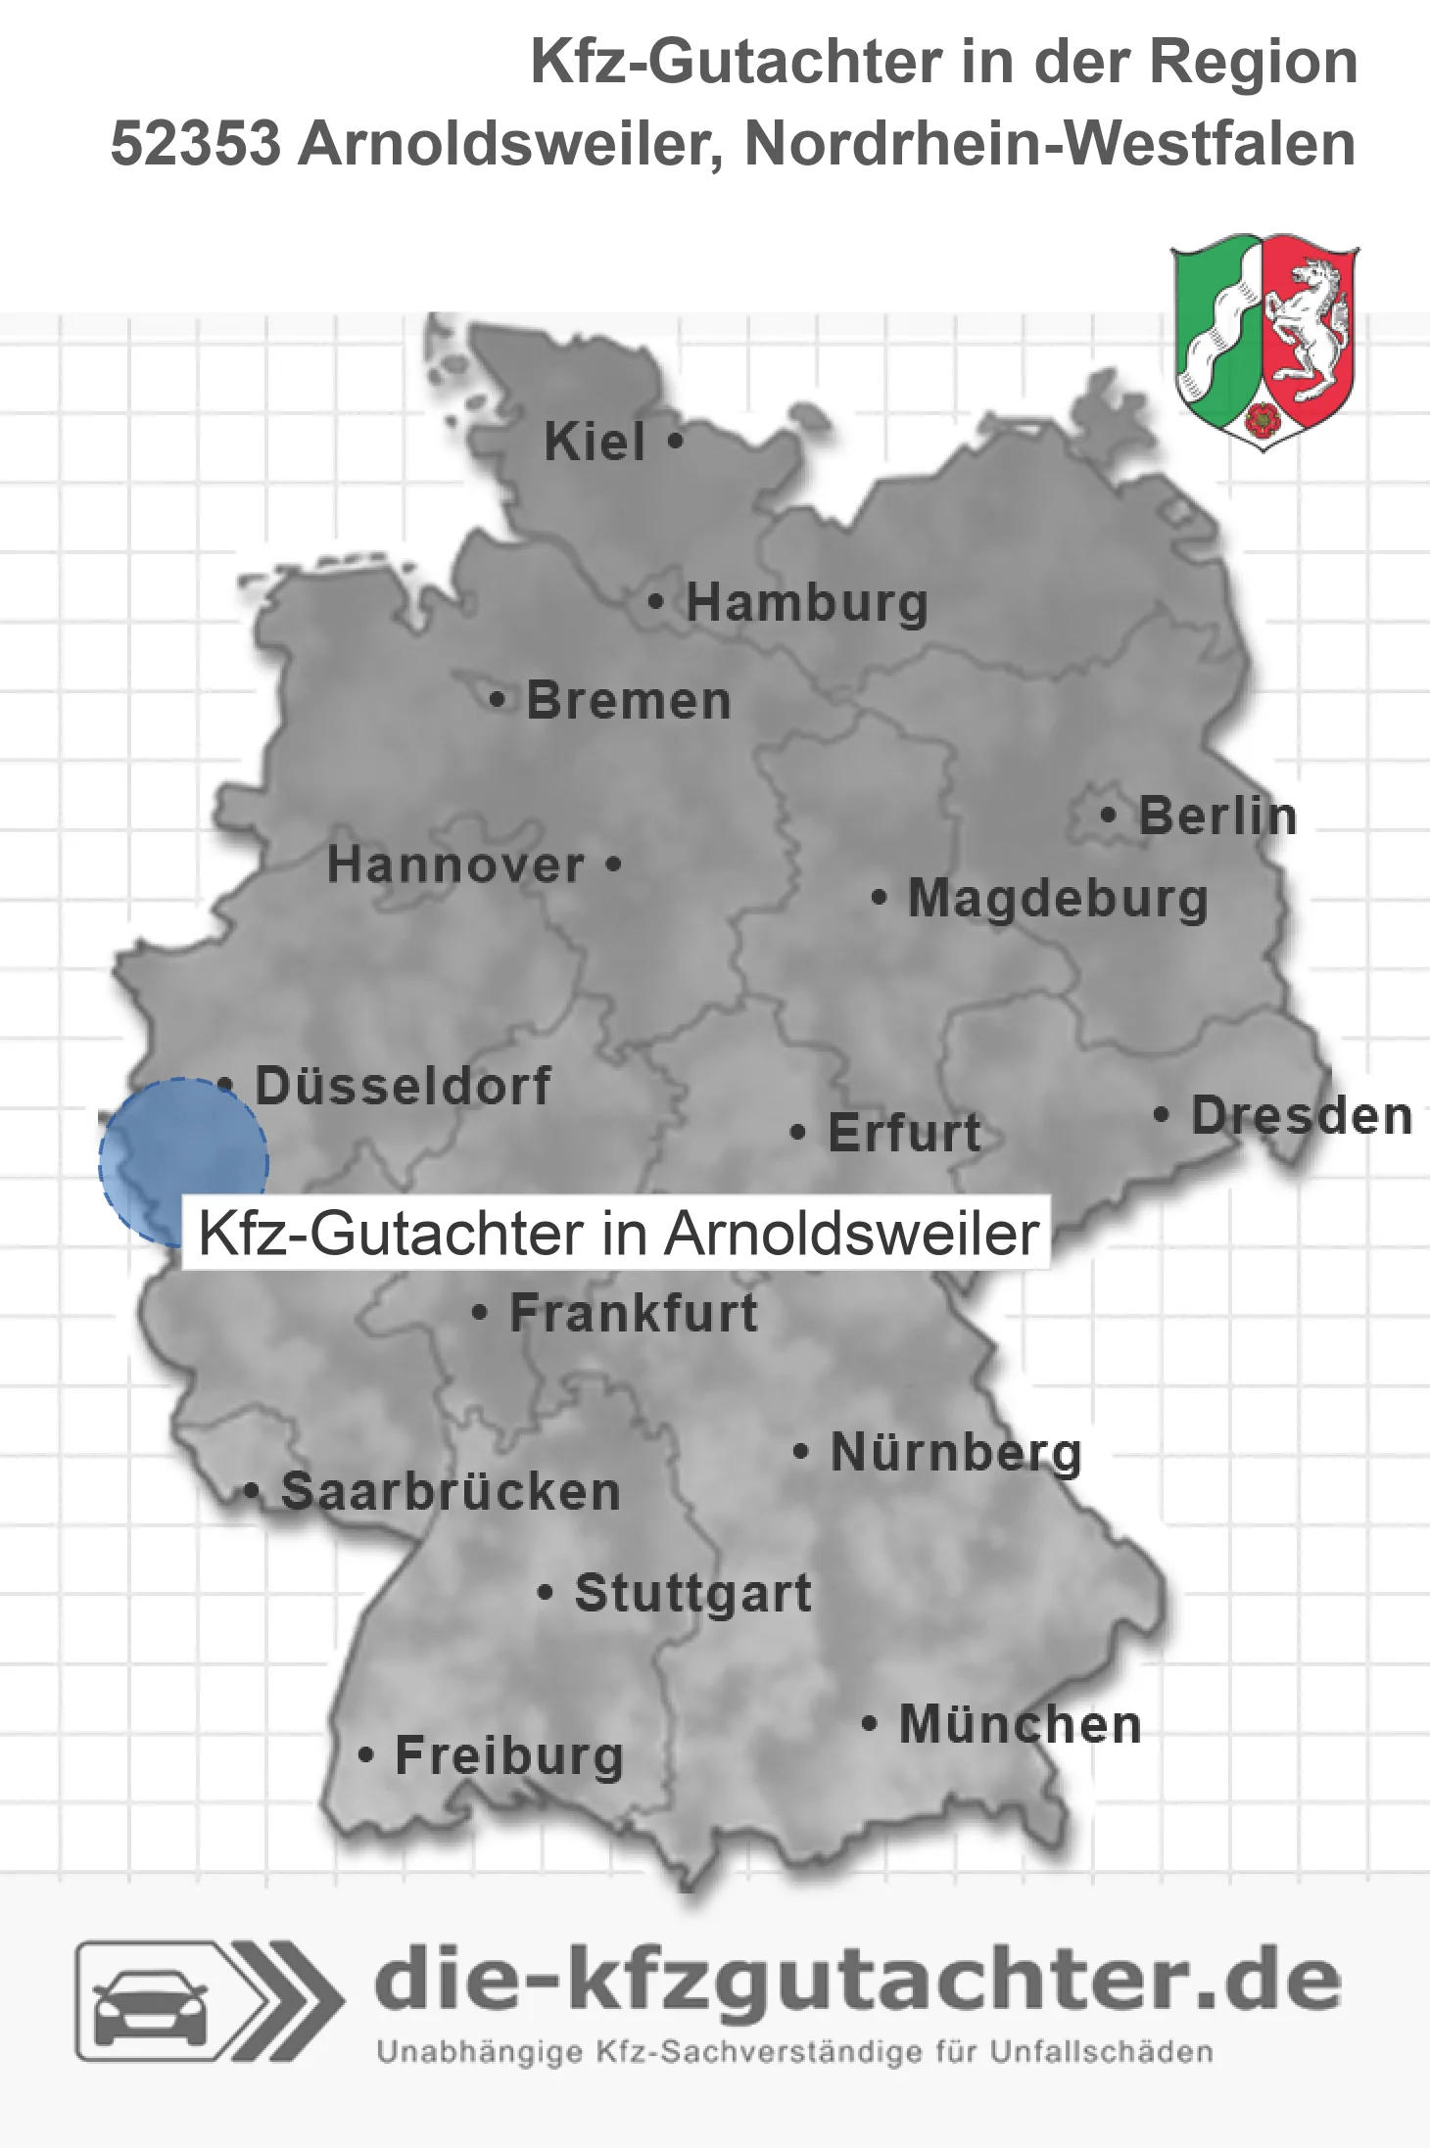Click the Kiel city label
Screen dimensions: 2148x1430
coord(595,442)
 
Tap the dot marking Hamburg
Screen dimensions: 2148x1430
coord(655,601)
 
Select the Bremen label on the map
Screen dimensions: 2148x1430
coord(629,701)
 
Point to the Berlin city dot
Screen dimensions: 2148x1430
coord(1108,815)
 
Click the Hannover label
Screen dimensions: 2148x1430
coord(455,864)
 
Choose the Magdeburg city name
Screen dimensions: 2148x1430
coord(1058,898)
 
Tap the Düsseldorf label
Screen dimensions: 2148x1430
coord(403,1086)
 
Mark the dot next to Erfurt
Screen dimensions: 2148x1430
coord(798,1133)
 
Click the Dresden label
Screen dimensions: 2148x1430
coord(1302,1116)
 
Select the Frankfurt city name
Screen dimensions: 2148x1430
coord(634,1313)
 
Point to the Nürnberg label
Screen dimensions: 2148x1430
coord(956,1452)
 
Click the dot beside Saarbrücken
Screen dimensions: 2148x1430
coord(252,1492)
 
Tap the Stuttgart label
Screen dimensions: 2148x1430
coord(692,1593)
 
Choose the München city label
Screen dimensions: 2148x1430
coord(1020,1724)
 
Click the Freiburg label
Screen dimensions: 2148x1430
coord(508,1755)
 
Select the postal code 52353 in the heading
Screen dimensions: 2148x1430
coord(196,144)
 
